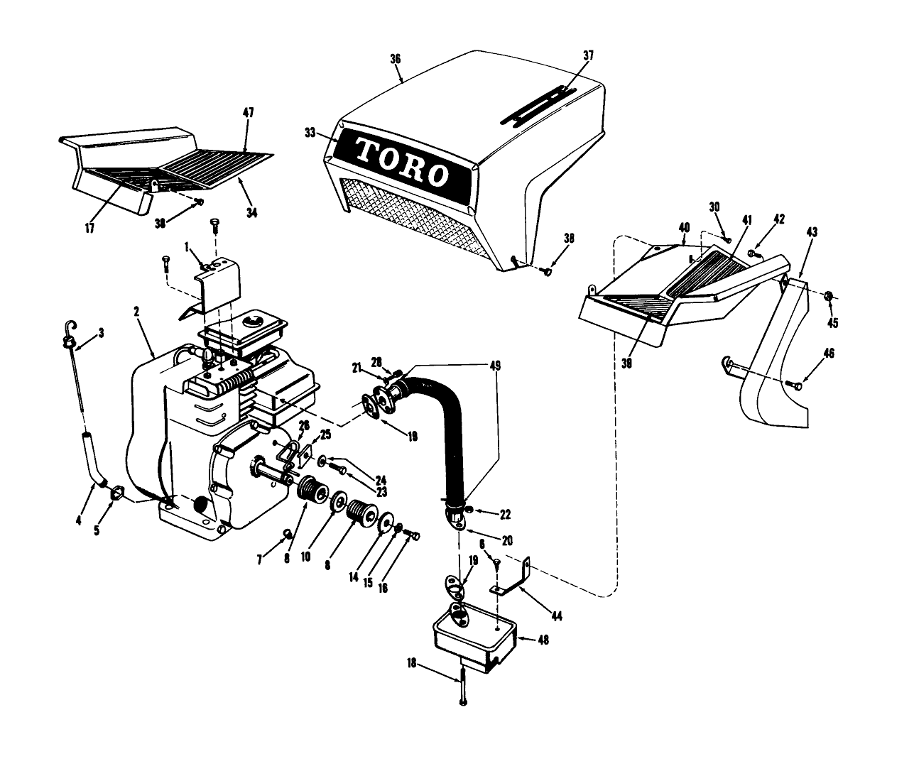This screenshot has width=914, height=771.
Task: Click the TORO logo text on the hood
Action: [x=401, y=162]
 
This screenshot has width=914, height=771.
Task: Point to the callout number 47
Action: [x=248, y=113]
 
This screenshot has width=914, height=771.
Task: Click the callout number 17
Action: [x=89, y=229]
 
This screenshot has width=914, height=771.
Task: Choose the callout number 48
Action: [x=543, y=639]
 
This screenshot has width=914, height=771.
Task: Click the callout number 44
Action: [x=557, y=616]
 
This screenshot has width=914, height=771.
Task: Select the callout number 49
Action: [x=494, y=366]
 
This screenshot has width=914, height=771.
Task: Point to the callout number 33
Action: [x=310, y=132]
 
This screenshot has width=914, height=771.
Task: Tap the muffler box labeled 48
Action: [x=473, y=635]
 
